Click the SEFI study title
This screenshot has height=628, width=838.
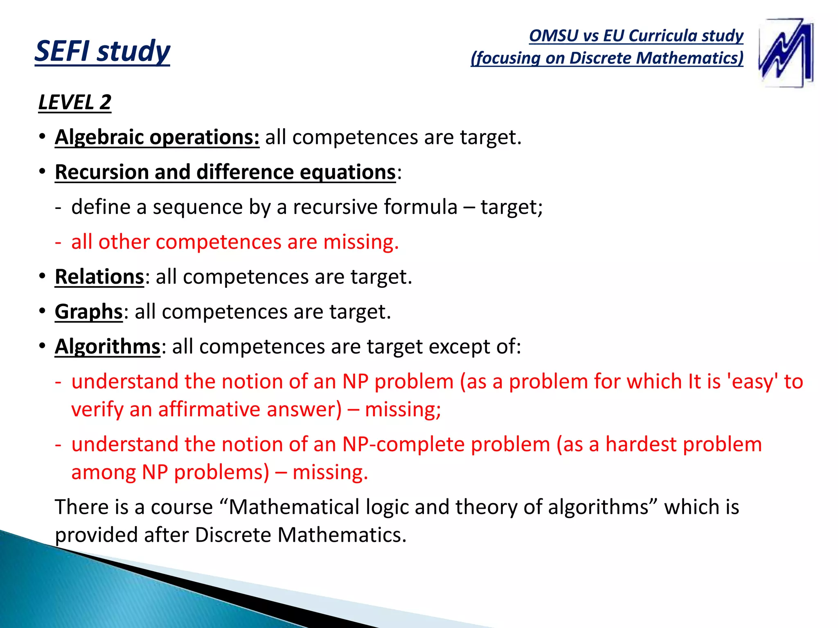pos(102,51)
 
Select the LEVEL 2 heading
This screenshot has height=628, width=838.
pos(75,102)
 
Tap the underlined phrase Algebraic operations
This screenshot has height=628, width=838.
pos(157,137)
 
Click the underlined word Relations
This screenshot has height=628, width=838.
pos(99,277)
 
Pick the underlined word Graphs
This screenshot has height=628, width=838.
pos(89,312)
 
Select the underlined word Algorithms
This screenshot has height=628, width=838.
pos(108,347)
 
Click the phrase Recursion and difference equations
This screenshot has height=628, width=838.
pos(225,172)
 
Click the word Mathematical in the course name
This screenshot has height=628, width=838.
pos(294,507)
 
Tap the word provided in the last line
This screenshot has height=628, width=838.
pos(96,535)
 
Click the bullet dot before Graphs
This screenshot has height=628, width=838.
pos(42,312)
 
